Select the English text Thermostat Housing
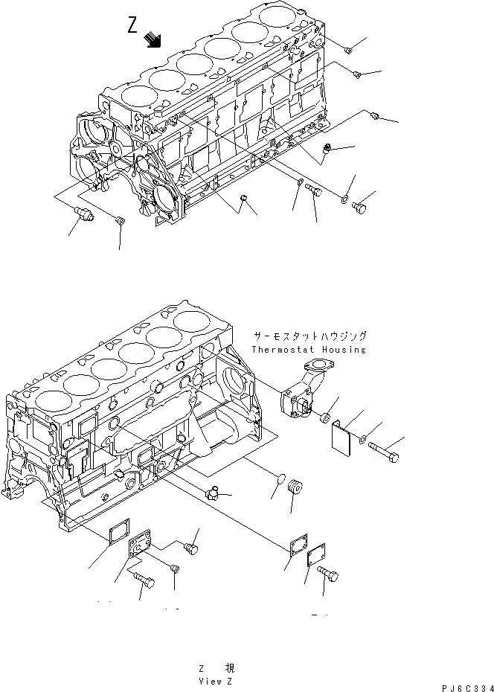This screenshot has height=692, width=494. coord(308,350)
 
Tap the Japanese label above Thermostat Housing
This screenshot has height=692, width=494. coord(309,336)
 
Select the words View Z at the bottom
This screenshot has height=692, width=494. coord(216,680)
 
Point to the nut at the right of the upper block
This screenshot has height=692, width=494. coord(327,153)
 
